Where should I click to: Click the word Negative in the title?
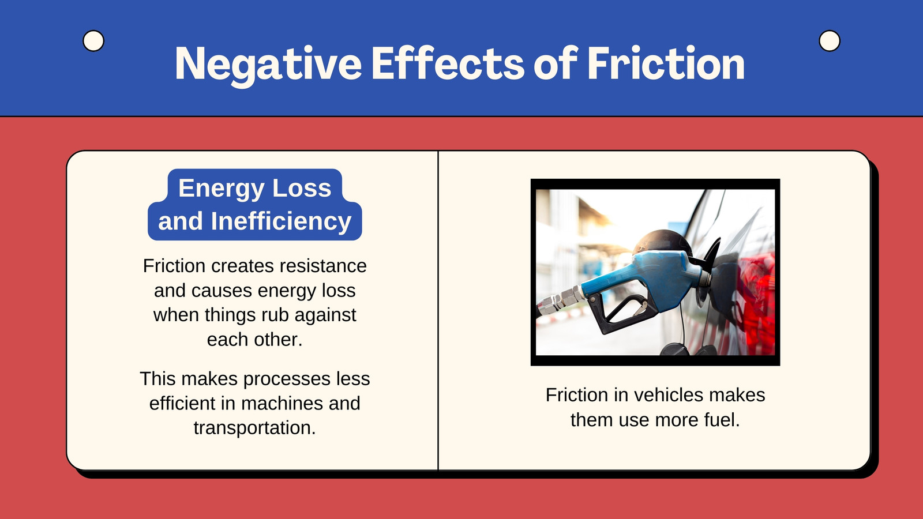(x=268, y=65)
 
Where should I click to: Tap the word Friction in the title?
(x=666, y=63)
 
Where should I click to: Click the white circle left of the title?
(x=93, y=41)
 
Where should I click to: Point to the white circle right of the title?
(x=830, y=41)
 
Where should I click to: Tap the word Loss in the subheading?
(x=302, y=188)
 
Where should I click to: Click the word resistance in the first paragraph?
(x=323, y=266)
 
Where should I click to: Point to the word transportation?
(x=254, y=427)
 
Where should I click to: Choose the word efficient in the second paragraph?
(x=182, y=403)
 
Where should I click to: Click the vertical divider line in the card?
(x=438, y=310)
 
